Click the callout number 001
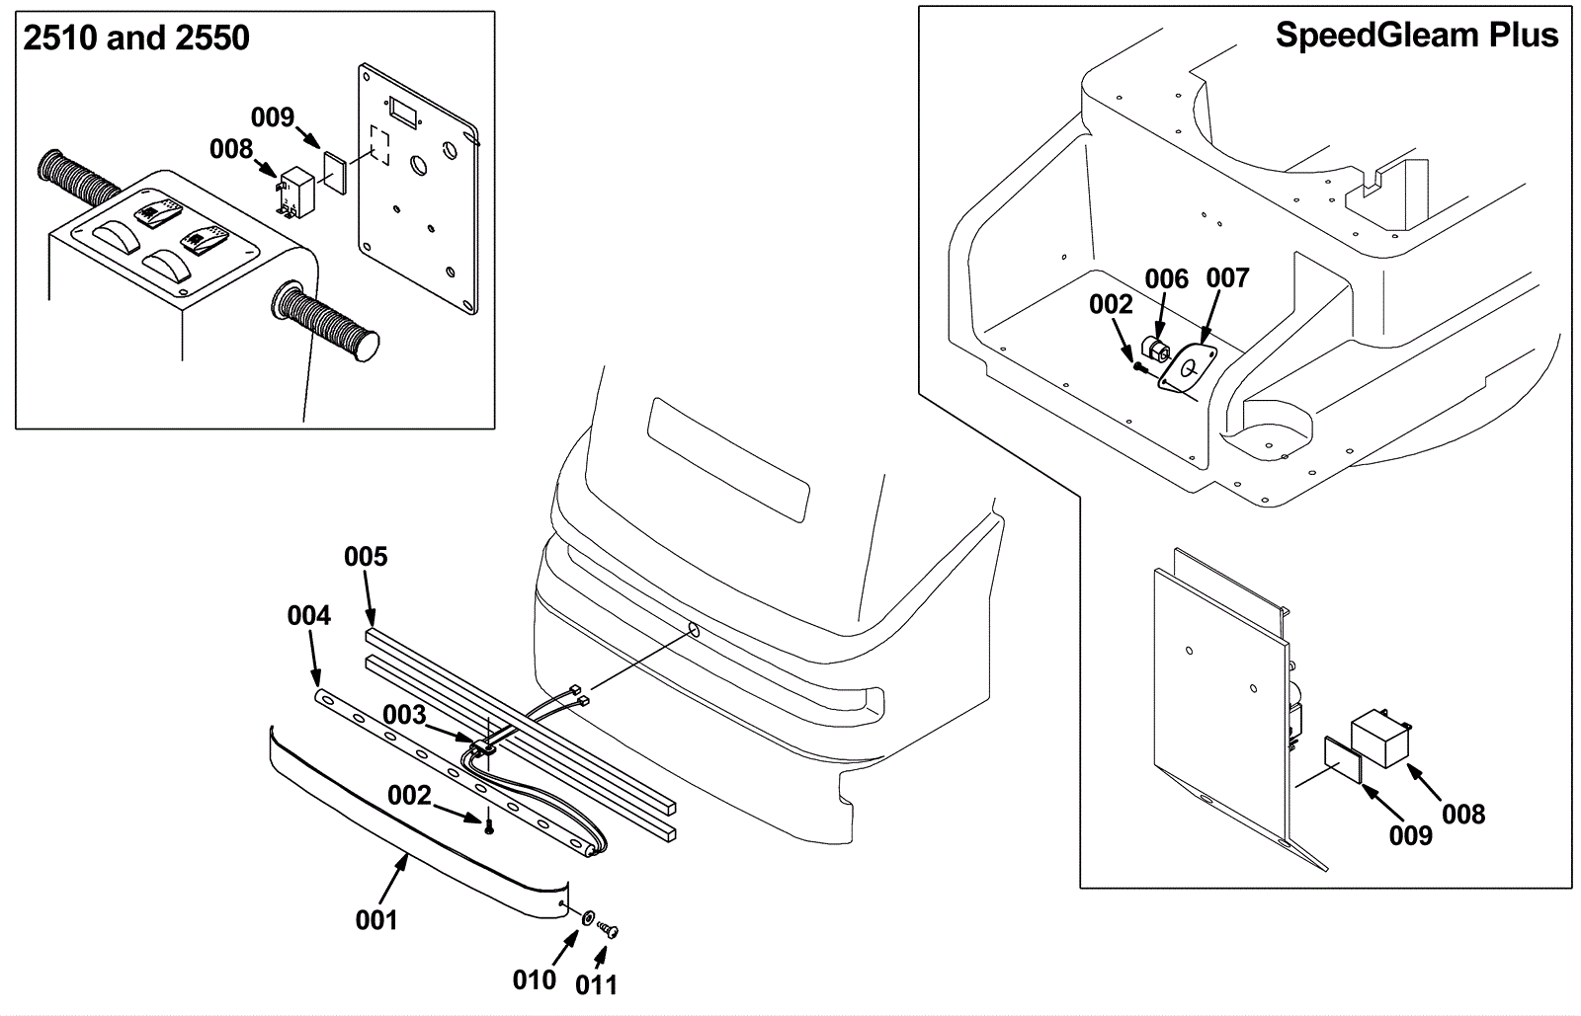376,920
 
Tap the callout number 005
366,557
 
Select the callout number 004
308,616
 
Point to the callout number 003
404,716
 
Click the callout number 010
535,980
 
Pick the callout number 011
597,985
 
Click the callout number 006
1167,279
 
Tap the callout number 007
1228,277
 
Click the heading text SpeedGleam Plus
1417,36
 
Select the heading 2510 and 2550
136,38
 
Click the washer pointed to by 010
587,918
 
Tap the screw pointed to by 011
608,929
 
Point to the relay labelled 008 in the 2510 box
296,191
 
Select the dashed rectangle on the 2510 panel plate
379,145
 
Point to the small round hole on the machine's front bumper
694,630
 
